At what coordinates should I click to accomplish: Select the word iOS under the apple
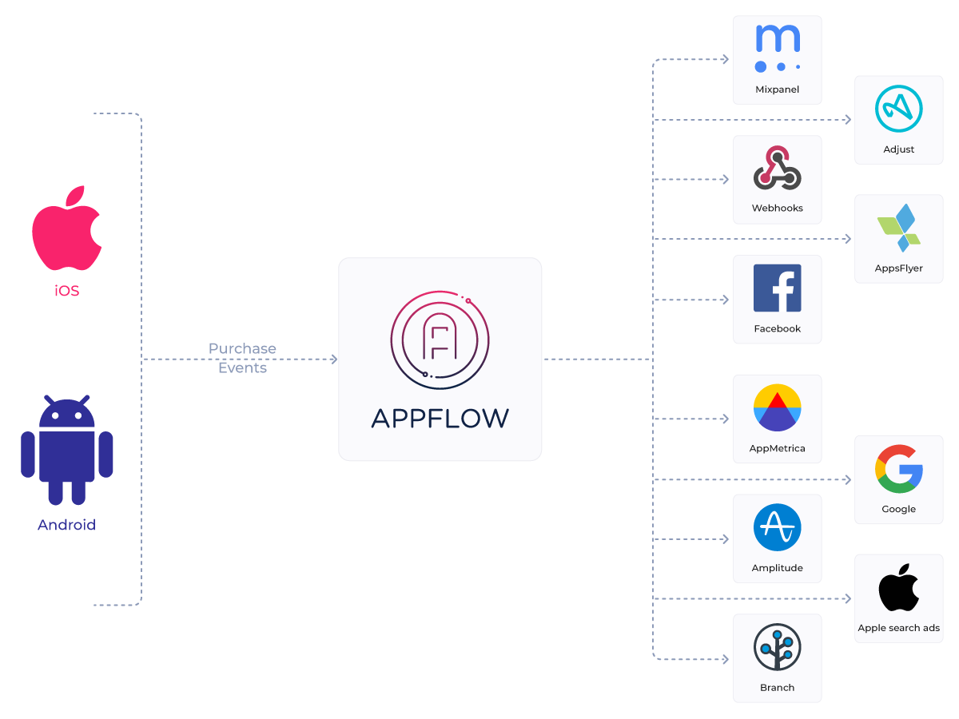point(67,291)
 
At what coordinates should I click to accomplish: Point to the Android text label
point(67,525)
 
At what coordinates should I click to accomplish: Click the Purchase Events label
point(242,358)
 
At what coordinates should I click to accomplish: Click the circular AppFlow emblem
point(440,340)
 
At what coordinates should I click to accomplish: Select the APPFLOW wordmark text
point(440,418)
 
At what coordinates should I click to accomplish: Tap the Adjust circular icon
point(898,109)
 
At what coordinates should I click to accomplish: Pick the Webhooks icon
point(777,169)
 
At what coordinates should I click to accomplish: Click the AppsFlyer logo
point(898,228)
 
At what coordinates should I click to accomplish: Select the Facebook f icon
point(777,288)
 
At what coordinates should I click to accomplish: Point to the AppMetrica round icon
point(777,407)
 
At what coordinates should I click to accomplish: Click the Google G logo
point(898,468)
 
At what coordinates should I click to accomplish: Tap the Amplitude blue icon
point(777,527)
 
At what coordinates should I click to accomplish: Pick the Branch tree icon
point(777,647)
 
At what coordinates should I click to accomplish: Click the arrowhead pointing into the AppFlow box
point(333,359)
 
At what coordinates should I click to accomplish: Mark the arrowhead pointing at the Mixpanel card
point(726,59)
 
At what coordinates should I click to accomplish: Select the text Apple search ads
point(898,628)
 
